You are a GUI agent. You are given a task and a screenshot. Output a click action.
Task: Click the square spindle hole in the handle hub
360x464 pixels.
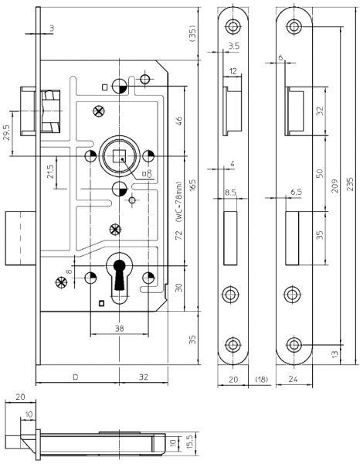tap(120, 156)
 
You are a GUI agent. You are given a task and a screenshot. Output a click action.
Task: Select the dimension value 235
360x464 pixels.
tap(350, 184)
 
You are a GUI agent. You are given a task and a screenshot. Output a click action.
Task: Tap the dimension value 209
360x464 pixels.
tap(335, 186)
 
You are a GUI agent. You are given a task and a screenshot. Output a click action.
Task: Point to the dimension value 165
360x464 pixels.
tap(192, 186)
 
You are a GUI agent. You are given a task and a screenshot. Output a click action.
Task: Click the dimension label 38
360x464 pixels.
tap(119, 328)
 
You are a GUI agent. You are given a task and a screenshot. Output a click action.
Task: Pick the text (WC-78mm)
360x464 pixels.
tap(178, 202)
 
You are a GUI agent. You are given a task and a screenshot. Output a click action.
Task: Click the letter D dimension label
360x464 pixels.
tap(76, 377)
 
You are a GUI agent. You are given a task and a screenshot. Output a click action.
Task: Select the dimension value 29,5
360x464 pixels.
tap(6, 132)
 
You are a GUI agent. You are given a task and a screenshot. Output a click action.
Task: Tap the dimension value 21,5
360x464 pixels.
tap(50, 172)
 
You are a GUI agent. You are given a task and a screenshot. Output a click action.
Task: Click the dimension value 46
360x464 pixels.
tap(178, 121)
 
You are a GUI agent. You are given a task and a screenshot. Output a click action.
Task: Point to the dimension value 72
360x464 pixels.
tap(178, 234)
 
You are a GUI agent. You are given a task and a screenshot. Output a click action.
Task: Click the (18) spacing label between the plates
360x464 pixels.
tap(262, 379)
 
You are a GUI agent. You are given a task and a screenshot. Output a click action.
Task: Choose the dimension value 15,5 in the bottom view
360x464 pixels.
tap(190, 442)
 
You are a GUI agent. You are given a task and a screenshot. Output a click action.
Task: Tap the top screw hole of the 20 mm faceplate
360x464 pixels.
tap(233, 26)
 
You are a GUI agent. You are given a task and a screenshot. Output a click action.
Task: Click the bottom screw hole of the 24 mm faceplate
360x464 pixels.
tap(294, 345)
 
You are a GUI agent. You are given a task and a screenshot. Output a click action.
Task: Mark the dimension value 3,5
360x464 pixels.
tap(233, 46)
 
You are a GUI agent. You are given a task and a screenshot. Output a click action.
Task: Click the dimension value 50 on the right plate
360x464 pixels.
tap(320, 173)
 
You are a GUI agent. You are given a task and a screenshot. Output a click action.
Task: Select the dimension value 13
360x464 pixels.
tap(335, 354)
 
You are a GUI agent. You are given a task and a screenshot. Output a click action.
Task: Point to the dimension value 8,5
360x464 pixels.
tap(230, 193)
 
